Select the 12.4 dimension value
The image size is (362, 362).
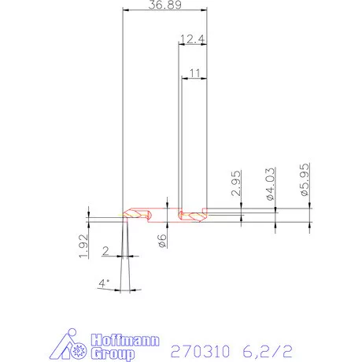point(192,39)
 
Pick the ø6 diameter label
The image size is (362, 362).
point(161,242)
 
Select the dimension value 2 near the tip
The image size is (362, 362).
point(106,251)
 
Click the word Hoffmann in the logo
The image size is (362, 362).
point(126,342)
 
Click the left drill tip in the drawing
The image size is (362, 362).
point(125,214)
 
